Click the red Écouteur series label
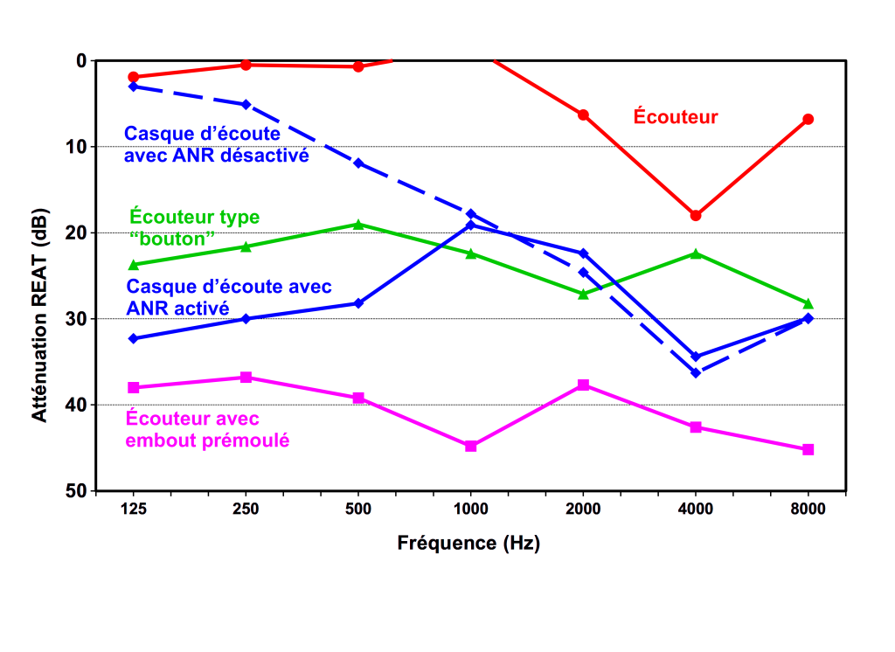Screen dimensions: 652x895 [675, 116]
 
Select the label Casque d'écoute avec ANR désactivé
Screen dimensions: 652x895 [216, 146]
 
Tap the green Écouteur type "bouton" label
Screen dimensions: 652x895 [194, 226]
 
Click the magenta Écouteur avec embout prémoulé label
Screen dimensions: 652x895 [207, 429]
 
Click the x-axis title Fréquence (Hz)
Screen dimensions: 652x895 [468, 543]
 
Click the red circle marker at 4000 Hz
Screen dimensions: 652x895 [696, 215]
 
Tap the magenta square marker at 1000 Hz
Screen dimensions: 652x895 [470, 446]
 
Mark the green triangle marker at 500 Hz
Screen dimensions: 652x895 [358, 225]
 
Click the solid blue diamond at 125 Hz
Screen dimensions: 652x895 [133, 338]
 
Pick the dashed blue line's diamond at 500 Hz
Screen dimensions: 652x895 [358, 163]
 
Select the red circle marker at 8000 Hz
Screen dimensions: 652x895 [808, 119]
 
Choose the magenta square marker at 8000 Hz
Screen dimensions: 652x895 [808, 449]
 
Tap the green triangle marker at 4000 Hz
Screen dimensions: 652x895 [696, 253]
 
